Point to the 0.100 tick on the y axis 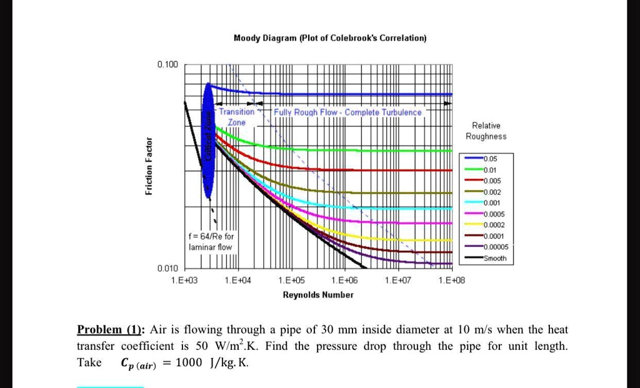[167, 64]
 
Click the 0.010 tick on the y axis [167, 268]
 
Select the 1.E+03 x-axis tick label [184, 281]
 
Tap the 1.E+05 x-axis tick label [290, 281]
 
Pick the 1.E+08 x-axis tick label [452, 281]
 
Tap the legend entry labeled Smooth [497, 258]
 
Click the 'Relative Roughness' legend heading [486, 131]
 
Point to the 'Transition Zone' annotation [236, 117]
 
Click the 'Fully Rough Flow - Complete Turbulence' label [347, 112]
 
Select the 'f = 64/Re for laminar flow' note [211, 242]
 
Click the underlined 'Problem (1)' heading [111, 329]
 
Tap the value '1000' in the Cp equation [189, 364]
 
